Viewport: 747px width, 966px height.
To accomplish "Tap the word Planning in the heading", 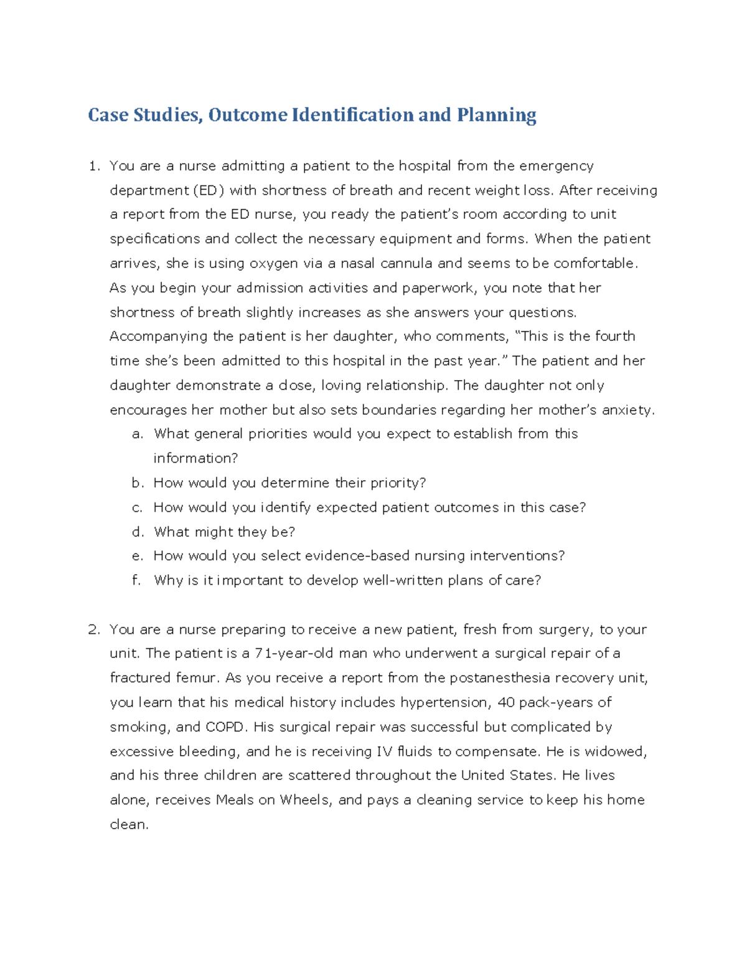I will [x=496, y=115].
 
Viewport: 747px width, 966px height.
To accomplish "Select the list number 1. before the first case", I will [x=94, y=166].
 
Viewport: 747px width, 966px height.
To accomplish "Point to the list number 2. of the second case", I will [x=94, y=629].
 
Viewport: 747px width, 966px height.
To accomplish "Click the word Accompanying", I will [x=159, y=337].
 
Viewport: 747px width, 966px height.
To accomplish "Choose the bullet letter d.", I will [x=138, y=532].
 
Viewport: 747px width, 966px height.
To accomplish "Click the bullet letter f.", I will [x=136, y=580].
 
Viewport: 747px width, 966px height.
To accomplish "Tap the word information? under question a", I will [x=195, y=458].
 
